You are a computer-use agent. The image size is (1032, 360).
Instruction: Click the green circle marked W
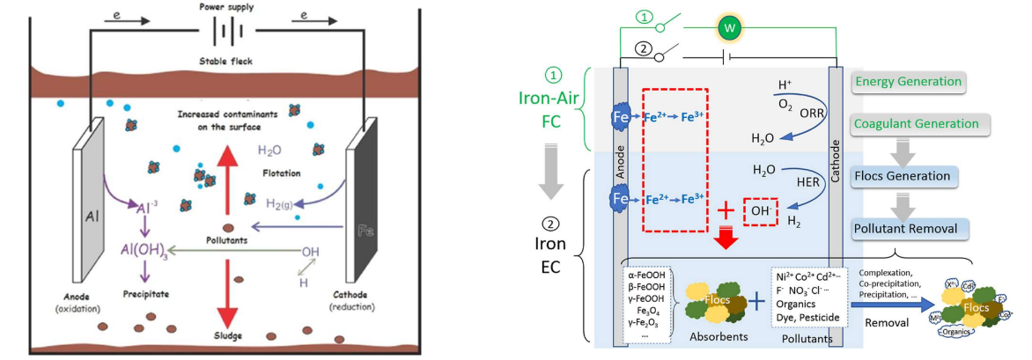[x=728, y=29]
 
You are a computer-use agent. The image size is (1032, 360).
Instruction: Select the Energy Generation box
[x=908, y=82]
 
